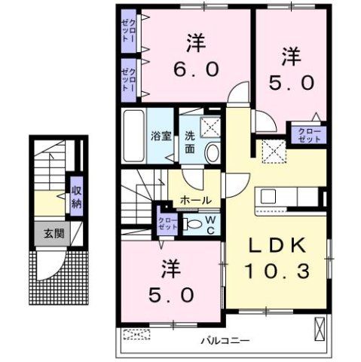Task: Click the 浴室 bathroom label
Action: point(161,137)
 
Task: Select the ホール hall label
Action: point(196,200)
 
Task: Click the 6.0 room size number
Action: point(195,69)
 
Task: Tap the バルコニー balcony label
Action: point(225,340)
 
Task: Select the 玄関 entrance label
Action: point(53,234)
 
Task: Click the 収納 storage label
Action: point(77,195)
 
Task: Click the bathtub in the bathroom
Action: point(134,136)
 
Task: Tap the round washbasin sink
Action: point(213,151)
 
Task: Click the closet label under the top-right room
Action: point(308,134)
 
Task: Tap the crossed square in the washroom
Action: point(210,127)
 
